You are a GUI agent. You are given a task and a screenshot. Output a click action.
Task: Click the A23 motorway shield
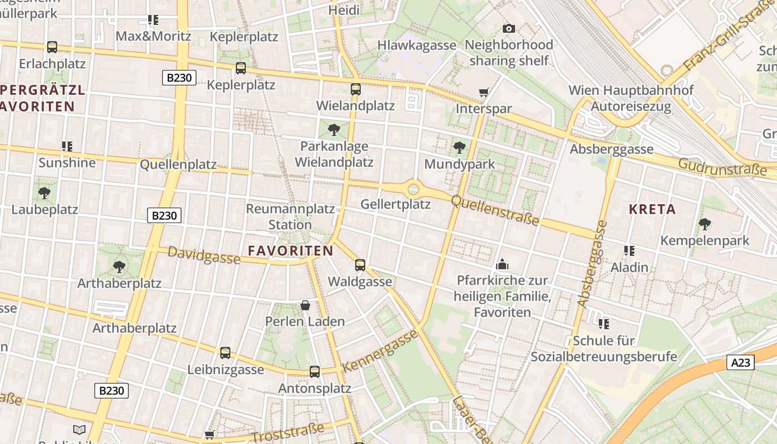740,363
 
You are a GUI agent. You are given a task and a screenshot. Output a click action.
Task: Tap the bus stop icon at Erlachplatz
52,47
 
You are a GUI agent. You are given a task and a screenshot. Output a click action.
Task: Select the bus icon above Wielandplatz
356,89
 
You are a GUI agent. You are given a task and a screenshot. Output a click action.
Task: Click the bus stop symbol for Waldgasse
360,265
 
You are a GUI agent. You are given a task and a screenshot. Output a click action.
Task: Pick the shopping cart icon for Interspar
483,93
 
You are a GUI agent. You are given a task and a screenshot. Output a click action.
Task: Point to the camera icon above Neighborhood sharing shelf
508,28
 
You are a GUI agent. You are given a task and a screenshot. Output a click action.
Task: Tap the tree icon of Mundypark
459,147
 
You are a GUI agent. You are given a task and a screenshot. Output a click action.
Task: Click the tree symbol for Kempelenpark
704,224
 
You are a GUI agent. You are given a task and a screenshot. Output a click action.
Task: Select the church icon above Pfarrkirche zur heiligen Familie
502,264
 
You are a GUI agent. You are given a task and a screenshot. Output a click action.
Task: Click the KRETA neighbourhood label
652,210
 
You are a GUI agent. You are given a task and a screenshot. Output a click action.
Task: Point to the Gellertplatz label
396,204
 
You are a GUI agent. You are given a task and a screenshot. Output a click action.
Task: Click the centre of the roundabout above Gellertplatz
413,189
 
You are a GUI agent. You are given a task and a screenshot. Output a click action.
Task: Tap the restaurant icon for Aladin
629,251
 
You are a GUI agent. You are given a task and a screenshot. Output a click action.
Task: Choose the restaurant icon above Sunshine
67,147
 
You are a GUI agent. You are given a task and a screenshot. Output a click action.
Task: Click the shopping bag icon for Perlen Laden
305,305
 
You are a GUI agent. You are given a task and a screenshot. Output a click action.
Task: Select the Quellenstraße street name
495,210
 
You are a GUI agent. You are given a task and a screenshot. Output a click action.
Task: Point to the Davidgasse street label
204,255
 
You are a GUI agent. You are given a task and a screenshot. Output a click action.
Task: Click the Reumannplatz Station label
290,217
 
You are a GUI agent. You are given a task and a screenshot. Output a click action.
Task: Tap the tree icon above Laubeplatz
44,193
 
